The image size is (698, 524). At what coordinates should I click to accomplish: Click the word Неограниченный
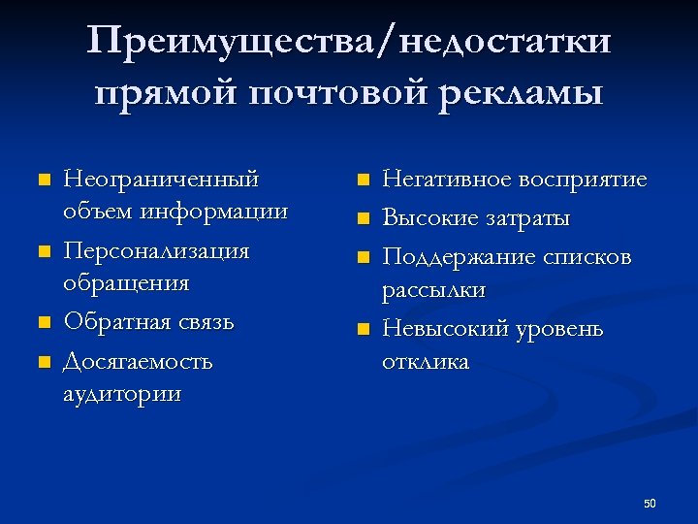pos(160,180)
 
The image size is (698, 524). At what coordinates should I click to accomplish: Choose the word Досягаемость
pos(137,362)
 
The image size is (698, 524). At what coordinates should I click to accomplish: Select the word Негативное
pos(446,180)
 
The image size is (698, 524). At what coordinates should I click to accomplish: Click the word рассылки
pos(433,290)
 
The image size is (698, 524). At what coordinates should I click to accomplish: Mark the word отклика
pos(426,362)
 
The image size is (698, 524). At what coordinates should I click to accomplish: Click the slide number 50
pos(650,503)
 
